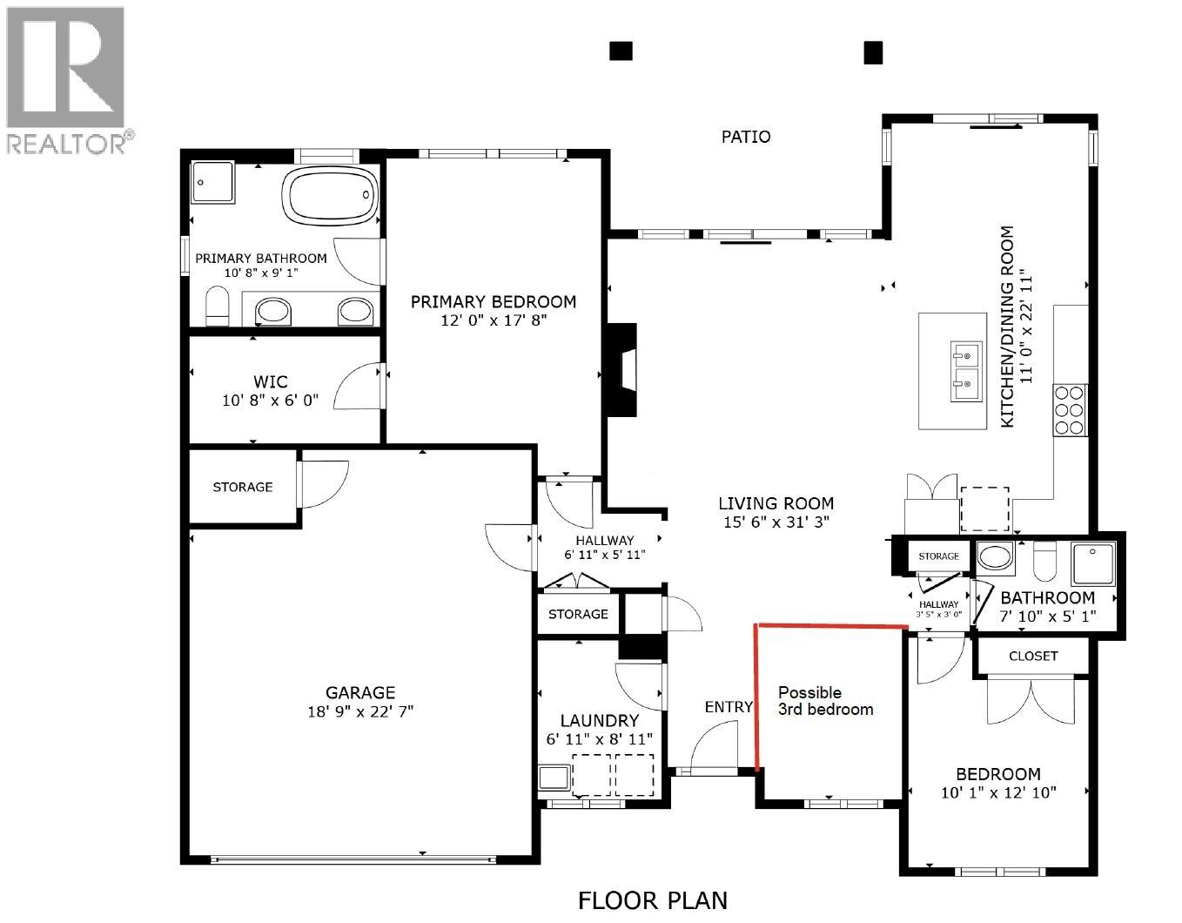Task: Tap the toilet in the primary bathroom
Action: tap(217, 307)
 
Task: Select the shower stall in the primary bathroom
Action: tap(212, 182)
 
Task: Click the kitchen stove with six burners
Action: tap(1070, 409)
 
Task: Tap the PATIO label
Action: tap(746, 137)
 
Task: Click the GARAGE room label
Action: tap(360, 692)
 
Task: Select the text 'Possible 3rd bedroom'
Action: tap(824, 701)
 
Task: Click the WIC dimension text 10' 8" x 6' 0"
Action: tap(270, 401)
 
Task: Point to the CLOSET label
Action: tap(1033, 656)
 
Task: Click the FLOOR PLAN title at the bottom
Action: tap(653, 899)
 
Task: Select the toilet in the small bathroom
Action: tap(1044, 561)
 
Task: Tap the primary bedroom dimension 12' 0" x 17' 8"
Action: tap(493, 320)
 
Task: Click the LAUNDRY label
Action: tap(599, 720)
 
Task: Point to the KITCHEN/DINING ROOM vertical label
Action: tap(1007, 327)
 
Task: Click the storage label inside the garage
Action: tap(243, 487)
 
